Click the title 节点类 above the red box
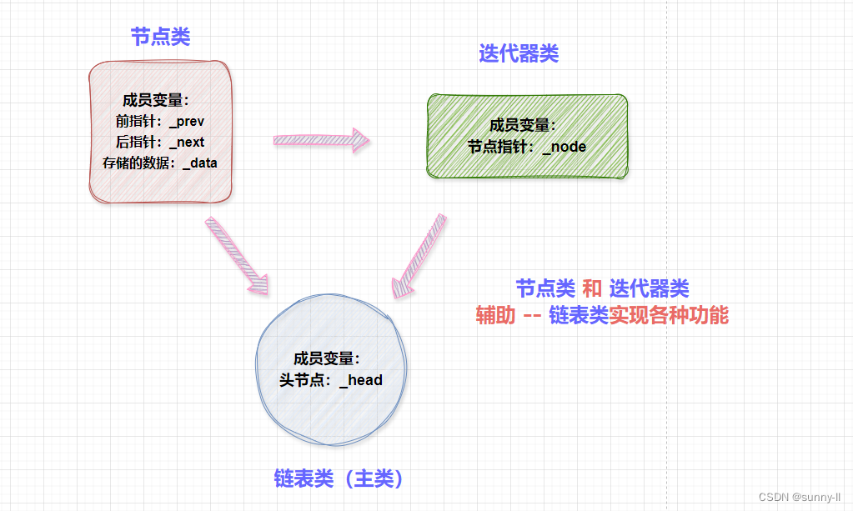tap(160, 38)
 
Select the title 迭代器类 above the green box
tap(519, 54)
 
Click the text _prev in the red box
tap(187, 122)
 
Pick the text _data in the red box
tap(199, 163)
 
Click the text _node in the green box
tap(564, 148)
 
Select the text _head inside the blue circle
tap(361, 380)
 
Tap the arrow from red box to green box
tap(321, 140)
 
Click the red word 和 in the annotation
tap(592, 289)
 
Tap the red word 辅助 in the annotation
tap(495, 316)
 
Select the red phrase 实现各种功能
tap(669, 316)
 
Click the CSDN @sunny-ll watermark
tap(799, 497)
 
